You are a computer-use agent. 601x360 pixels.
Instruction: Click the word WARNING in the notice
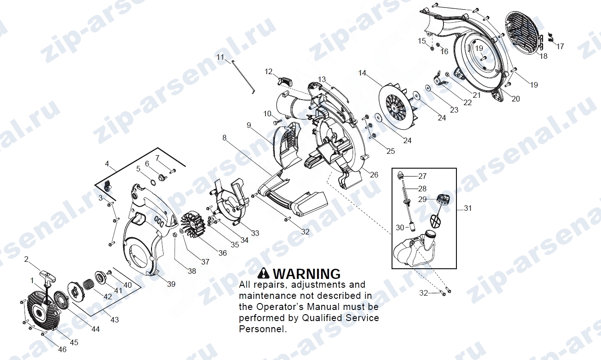[x=307, y=274]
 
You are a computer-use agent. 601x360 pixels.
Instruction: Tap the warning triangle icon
[x=263, y=273]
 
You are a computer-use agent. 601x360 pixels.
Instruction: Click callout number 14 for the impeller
[x=362, y=73]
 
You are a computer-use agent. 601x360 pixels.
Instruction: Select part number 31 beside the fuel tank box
[x=468, y=208]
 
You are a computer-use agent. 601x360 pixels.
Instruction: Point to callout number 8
[x=224, y=138]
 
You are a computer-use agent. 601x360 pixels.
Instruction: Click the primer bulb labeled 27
[x=401, y=174]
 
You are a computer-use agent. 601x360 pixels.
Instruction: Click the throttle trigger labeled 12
[x=285, y=81]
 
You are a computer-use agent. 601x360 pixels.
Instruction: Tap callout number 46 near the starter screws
[x=62, y=349]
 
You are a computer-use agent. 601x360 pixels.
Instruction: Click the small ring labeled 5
[x=152, y=183]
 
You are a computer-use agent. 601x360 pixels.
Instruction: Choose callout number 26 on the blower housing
[x=374, y=175]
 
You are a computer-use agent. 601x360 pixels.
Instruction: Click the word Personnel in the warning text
[x=262, y=329]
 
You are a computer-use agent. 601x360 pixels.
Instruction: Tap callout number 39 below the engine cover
[x=171, y=284]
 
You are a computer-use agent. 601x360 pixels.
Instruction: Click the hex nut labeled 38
[x=174, y=235]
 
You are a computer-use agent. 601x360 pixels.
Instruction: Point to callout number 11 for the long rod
[x=220, y=57]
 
